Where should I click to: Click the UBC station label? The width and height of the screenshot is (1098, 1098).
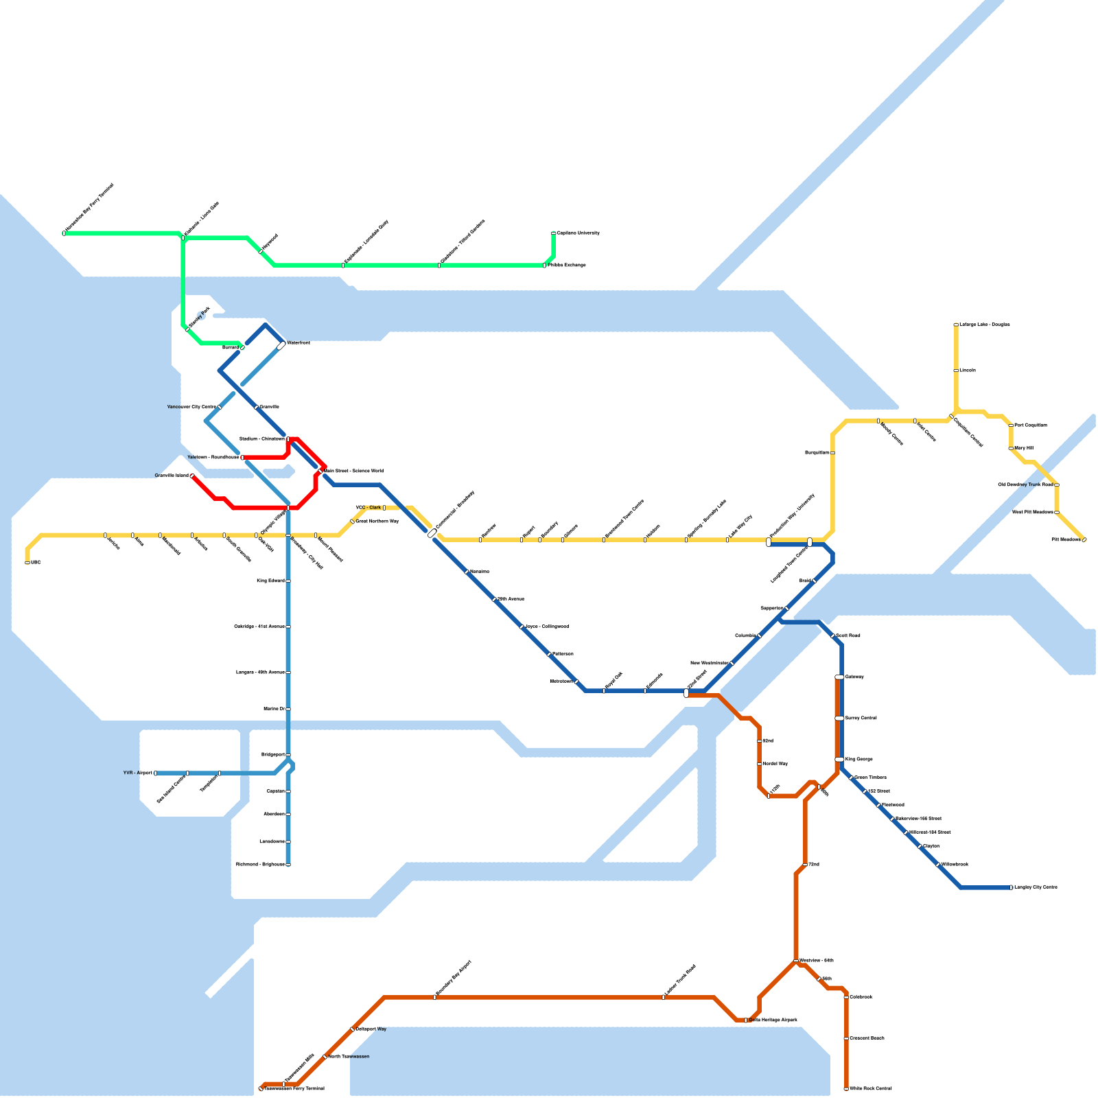click(36, 563)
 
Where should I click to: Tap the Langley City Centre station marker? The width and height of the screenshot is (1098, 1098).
click(1011, 887)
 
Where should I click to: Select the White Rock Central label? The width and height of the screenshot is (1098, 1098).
click(870, 1088)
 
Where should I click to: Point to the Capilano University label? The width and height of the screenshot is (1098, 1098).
click(578, 233)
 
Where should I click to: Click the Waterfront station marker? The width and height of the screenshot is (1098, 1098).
click(281, 346)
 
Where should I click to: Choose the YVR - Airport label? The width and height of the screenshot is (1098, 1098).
click(138, 773)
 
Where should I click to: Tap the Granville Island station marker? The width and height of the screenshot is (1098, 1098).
click(192, 476)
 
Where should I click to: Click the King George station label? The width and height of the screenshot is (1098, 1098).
click(858, 759)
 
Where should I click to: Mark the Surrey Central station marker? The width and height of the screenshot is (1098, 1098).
click(839, 718)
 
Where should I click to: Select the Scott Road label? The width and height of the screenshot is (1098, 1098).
click(848, 635)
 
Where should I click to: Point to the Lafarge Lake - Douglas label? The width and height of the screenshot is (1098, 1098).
click(984, 325)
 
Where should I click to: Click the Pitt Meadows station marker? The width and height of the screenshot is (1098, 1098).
click(1084, 540)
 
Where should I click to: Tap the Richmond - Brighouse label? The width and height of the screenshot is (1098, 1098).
click(260, 864)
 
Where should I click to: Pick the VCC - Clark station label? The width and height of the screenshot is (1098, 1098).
click(368, 508)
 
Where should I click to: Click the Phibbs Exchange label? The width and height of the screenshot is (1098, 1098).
click(567, 265)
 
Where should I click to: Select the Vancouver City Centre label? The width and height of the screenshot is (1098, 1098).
click(191, 407)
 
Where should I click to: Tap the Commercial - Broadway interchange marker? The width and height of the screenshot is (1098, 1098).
click(432, 533)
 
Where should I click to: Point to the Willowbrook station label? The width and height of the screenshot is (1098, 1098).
click(955, 864)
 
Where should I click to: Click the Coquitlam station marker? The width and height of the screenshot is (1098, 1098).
click(832, 453)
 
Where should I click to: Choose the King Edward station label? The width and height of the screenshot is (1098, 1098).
click(270, 581)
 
